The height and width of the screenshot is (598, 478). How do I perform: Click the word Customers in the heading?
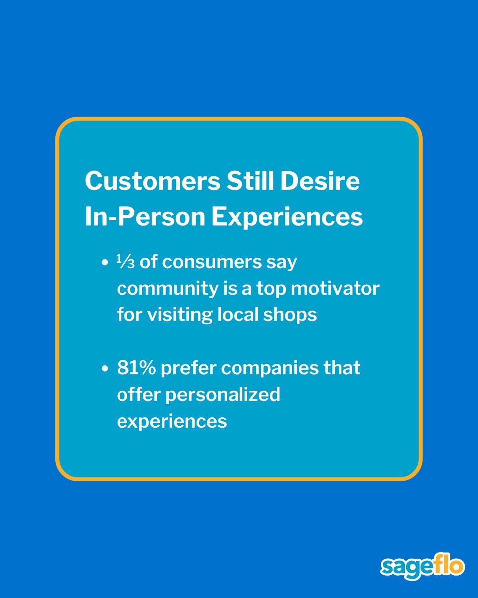coord(152,181)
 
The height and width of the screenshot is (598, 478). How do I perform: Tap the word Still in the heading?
coord(251,181)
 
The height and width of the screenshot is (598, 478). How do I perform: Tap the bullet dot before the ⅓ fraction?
coord(104,263)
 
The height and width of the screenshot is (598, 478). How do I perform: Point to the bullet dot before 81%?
coord(104,369)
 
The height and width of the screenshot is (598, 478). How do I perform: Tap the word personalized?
coord(223,395)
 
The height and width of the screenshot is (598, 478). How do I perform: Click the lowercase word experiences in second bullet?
coord(172,421)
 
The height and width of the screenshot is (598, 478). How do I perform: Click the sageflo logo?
coord(422,567)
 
